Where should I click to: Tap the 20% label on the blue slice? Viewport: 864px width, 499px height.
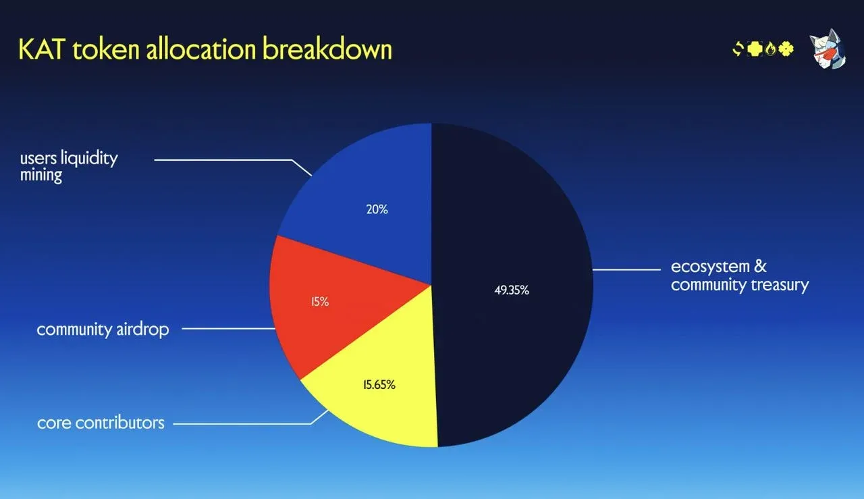(377, 209)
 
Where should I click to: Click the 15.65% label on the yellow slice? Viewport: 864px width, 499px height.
(379, 385)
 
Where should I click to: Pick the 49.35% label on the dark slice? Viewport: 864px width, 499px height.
(511, 290)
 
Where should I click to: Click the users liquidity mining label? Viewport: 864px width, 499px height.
(68, 167)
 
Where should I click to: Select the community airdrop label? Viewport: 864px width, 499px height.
(103, 330)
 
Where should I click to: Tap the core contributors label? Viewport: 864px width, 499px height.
(101, 423)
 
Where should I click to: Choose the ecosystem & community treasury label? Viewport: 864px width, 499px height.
(739, 275)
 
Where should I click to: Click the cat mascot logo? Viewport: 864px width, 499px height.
(828, 51)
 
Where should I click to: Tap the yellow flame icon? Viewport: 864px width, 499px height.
(770, 49)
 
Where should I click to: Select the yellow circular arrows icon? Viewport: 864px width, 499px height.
(738, 49)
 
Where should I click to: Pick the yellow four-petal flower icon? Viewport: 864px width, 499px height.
(786, 49)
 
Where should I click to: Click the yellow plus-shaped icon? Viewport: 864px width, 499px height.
(755, 49)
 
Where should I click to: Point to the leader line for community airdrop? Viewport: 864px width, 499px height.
(228, 330)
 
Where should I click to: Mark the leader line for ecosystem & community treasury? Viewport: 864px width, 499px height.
(626, 269)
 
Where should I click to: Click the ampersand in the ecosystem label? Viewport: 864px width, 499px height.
(760, 266)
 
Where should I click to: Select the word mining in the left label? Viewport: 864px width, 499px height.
(41, 176)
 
